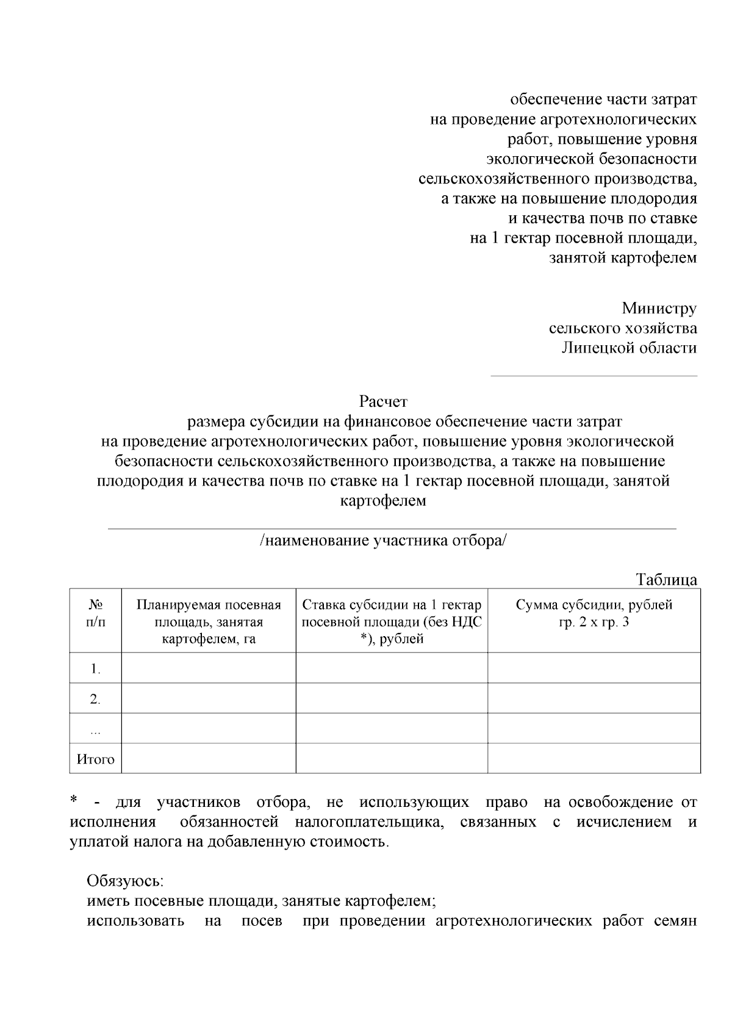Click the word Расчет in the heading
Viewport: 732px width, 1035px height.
point(383,402)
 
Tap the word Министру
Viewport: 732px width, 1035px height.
point(659,309)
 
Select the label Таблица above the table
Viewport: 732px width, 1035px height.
point(666,579)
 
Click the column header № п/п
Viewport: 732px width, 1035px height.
point(95,614)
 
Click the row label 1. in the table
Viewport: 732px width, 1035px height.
point(95,669)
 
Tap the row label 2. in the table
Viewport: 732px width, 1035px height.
point(95,700)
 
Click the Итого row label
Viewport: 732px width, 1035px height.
point(95,759)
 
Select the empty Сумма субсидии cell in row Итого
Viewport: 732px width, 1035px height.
point(594,759)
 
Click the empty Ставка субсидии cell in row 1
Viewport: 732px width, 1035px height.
point(392,668)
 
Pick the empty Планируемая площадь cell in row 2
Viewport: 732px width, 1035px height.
point(209,698)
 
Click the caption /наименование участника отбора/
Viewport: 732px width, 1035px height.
point(383,540)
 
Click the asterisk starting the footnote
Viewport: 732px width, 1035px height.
point(74,801)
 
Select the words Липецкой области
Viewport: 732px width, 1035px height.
point(629,348)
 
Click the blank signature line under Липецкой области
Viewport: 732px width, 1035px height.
point(594,375)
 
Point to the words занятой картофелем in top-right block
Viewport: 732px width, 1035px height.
point(623,257)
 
